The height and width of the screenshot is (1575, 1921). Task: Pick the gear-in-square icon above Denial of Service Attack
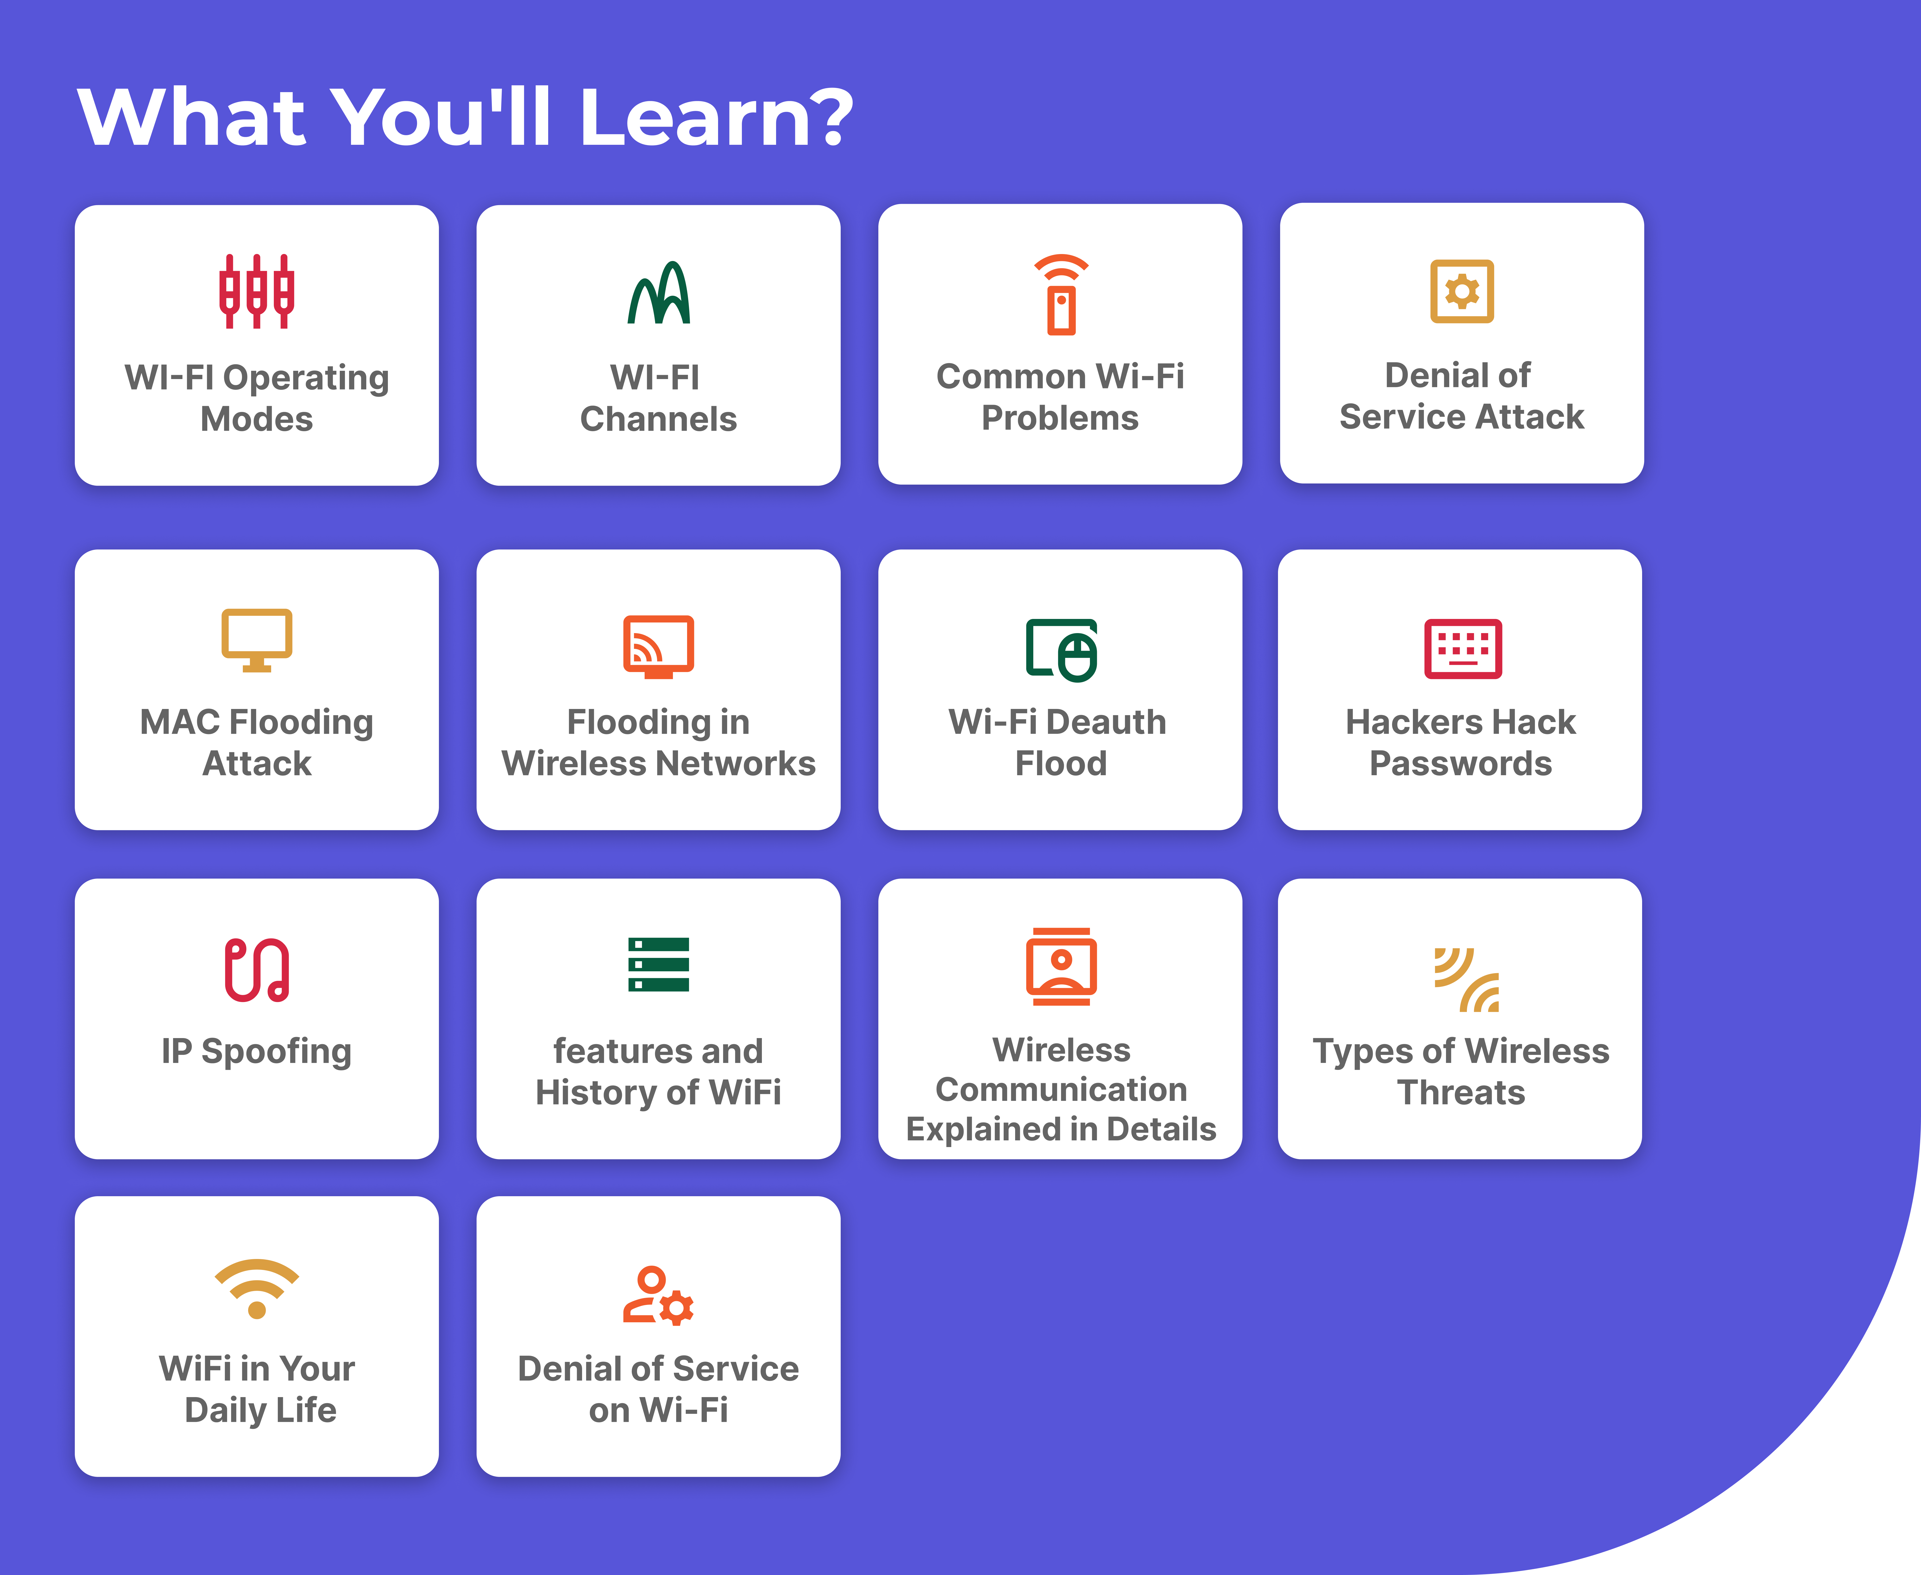point(1462,291)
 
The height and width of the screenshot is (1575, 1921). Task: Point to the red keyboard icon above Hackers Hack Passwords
point(1463,649)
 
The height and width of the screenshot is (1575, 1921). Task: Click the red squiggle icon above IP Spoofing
point(257,970)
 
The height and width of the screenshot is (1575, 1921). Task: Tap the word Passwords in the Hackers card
point(1461,764)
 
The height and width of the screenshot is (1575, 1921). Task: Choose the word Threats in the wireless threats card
point(1461,1093)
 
